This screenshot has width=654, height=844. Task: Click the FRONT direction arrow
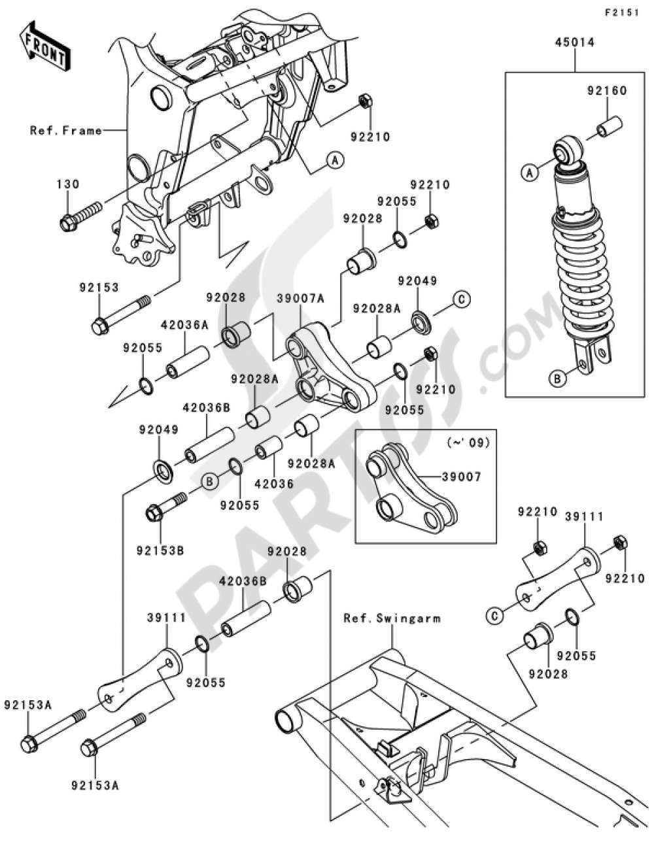click(x=45, y=46)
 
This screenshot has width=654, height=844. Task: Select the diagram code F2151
click(x=621, y=13)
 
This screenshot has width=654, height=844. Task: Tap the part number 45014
click(x=574, y=42)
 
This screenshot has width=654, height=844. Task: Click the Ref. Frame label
click(x=66, y=131)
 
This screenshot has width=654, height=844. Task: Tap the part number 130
click(x=68, y=184)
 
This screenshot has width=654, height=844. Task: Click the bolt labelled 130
click(x=81, y=216)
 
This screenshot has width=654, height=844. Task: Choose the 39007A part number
click(x=301, y=299)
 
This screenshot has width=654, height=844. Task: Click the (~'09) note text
click(x=468, y=442)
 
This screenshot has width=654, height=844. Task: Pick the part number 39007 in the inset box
click(x=461, y=477)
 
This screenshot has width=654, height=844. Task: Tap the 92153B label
click(x=160, y=550)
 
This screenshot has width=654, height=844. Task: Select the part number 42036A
click(x=185, y=325)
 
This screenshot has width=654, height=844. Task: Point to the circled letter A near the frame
click(x=336, y=160)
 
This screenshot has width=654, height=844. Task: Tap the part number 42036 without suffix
click(x=274, y=484)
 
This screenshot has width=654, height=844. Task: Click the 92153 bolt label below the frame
click(x=99, y=288)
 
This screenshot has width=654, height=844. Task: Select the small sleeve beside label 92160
click(x=610, y=126)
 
